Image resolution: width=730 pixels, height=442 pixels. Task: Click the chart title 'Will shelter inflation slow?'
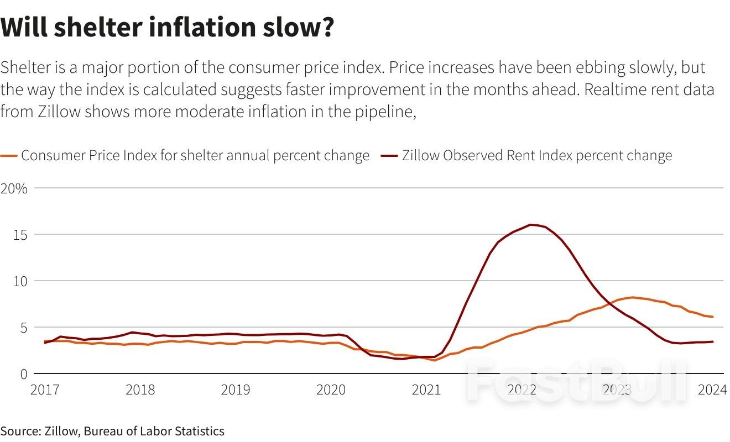[x=167, y=27]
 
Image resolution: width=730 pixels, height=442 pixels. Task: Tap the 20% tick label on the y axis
[x=14, y=188]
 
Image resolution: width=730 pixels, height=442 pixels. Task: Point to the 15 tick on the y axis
[x=20, y=235]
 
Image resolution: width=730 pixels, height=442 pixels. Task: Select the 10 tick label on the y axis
[x=20, y=281]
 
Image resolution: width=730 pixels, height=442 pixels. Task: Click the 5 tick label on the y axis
[x=23, y=328]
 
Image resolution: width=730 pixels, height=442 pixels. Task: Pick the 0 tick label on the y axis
[x=23, y=374]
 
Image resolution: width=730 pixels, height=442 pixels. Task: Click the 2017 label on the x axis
[x=45, y=390]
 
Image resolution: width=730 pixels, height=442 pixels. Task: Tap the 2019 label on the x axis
[x=236, y=390]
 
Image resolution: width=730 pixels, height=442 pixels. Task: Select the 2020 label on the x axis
[x=331, y=390]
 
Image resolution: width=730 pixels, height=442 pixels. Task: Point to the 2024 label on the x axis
[x=712, y=390]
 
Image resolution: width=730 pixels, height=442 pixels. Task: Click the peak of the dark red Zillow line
[x=531, y=224]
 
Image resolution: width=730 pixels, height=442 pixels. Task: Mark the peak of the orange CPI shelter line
[x=633, y=297]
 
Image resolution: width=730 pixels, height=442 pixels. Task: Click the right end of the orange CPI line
[x=712, y=317]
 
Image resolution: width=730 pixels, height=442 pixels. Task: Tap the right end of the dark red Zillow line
[x=712, y=341]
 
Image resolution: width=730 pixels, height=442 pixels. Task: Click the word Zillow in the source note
[x=61, y=431]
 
